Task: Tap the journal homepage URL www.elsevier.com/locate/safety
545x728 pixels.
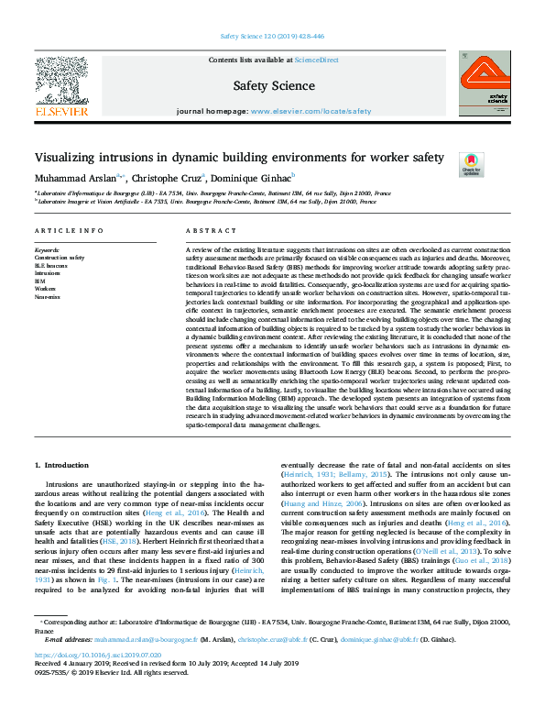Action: point(299,110)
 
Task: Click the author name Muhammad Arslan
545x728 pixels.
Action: point(77,178)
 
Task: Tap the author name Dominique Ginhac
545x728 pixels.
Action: point(254,178)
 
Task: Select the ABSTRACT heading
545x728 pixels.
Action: point(203,231)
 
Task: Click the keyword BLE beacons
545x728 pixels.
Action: point(52,266)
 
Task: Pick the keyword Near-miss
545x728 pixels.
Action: point(49,297)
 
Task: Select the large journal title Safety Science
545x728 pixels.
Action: point(272,86)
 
